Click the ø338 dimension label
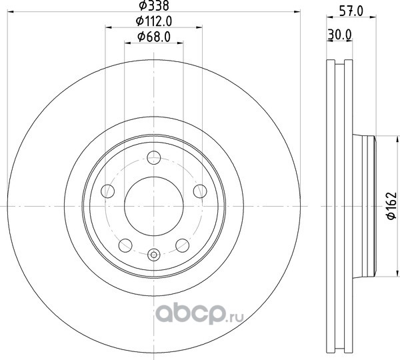tap(153, 5)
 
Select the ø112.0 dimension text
tap(154, 21)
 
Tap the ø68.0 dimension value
tap(154, 37)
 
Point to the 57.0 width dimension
tap(351, 12)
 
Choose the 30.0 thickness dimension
tap(340, 35)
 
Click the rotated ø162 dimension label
tap(391, 205)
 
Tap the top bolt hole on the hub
tap(154, 158)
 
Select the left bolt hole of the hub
tap(107, 191)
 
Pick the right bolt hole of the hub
tap(200, 191)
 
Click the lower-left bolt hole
tap(125, 245)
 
